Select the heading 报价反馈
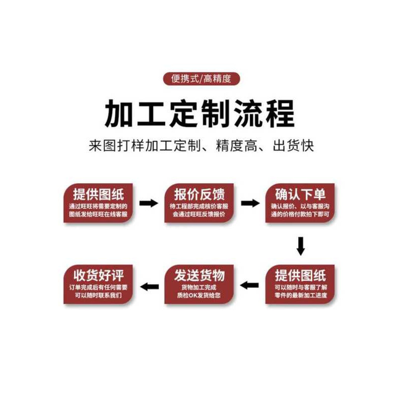pos(199,194)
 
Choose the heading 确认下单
pos(300,194)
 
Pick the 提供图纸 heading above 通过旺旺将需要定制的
pos(99,194)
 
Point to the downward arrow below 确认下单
pos(301,245)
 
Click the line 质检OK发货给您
pos(200,296)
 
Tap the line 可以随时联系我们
pos(99,296)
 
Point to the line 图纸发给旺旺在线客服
pos(99,214)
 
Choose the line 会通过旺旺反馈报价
pos(199,214)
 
